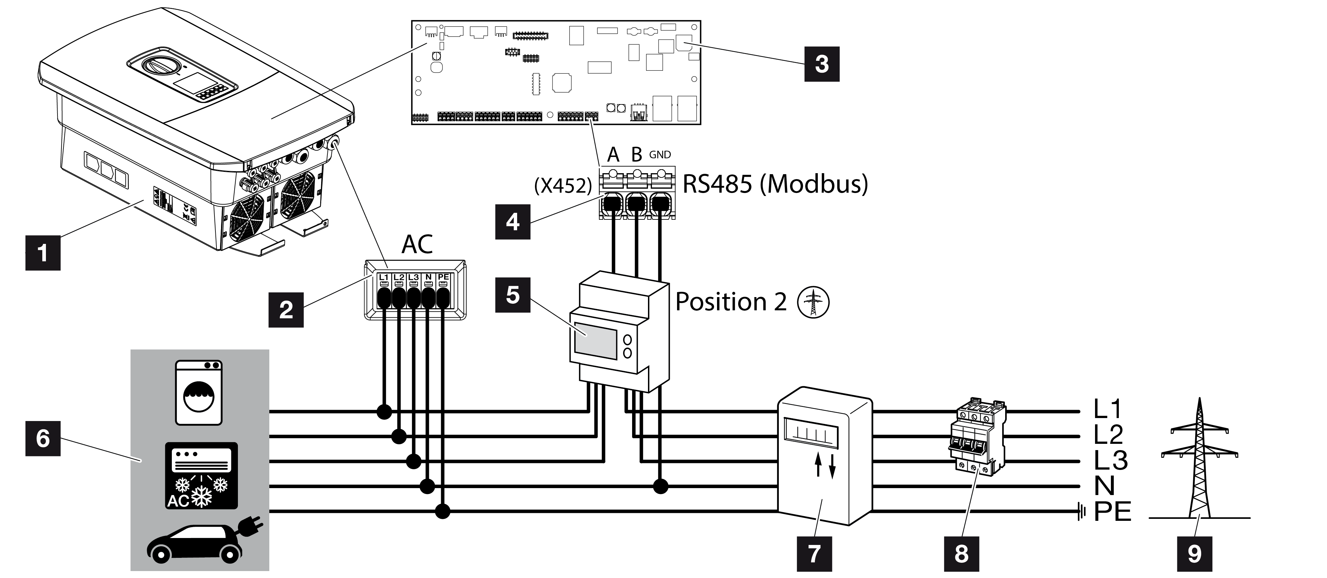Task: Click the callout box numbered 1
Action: (43, 252)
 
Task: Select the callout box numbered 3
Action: (822, 64)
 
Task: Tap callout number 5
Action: (512, 295)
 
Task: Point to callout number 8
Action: (961, 554)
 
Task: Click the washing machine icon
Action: (199, 393)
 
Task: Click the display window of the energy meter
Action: (595, 340)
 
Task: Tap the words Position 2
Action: (731, 301)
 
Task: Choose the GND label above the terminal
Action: (660, 155)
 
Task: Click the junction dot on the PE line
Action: (442, 512)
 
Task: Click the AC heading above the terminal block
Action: (417, 244)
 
